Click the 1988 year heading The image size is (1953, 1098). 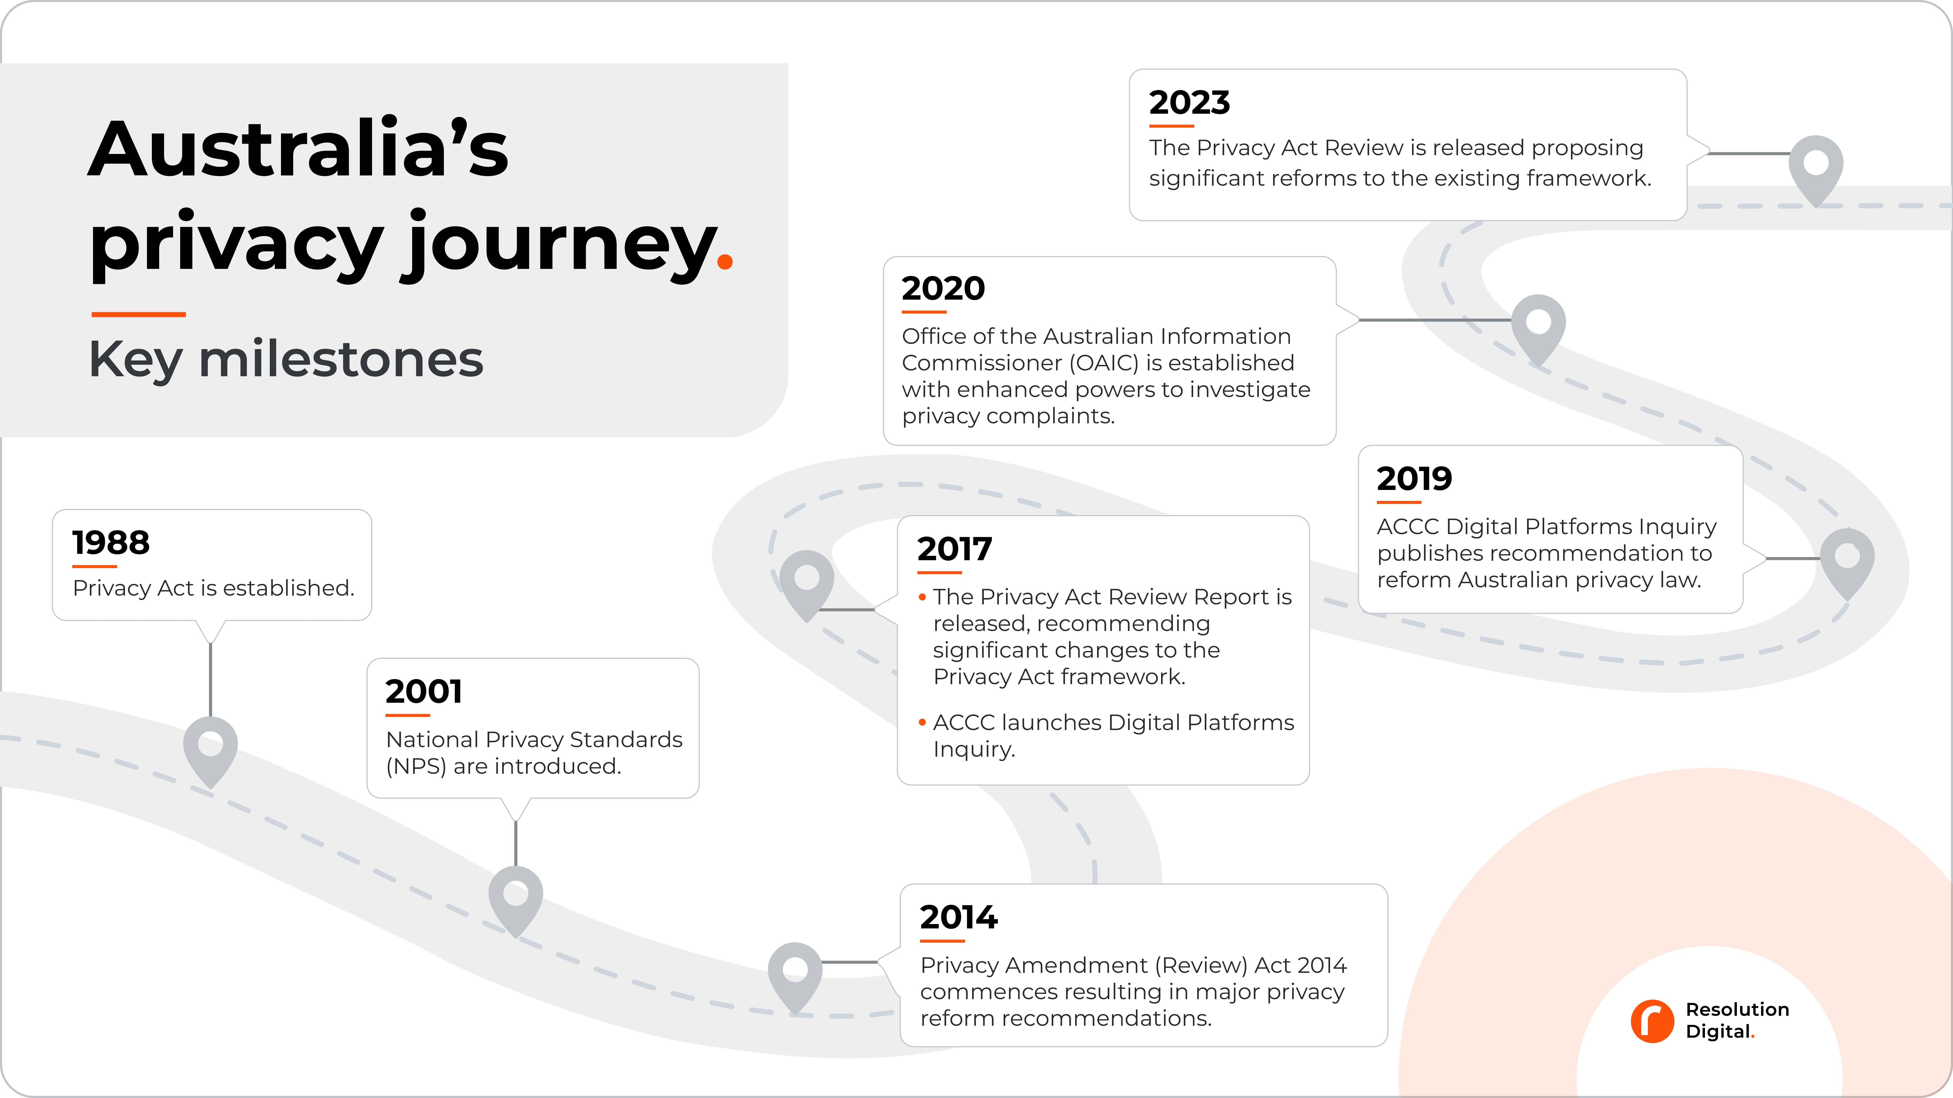tap(111, 543)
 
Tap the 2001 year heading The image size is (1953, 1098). tap(423, 691)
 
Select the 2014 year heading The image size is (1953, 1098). tap(958, 917)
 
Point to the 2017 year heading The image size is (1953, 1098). tap(954, 549)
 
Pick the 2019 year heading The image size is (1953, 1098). tap(1414, 478)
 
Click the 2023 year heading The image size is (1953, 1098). tap(1189, 102)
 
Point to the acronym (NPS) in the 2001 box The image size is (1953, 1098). tap(416, 766)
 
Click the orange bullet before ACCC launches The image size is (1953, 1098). tap(922, 722)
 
